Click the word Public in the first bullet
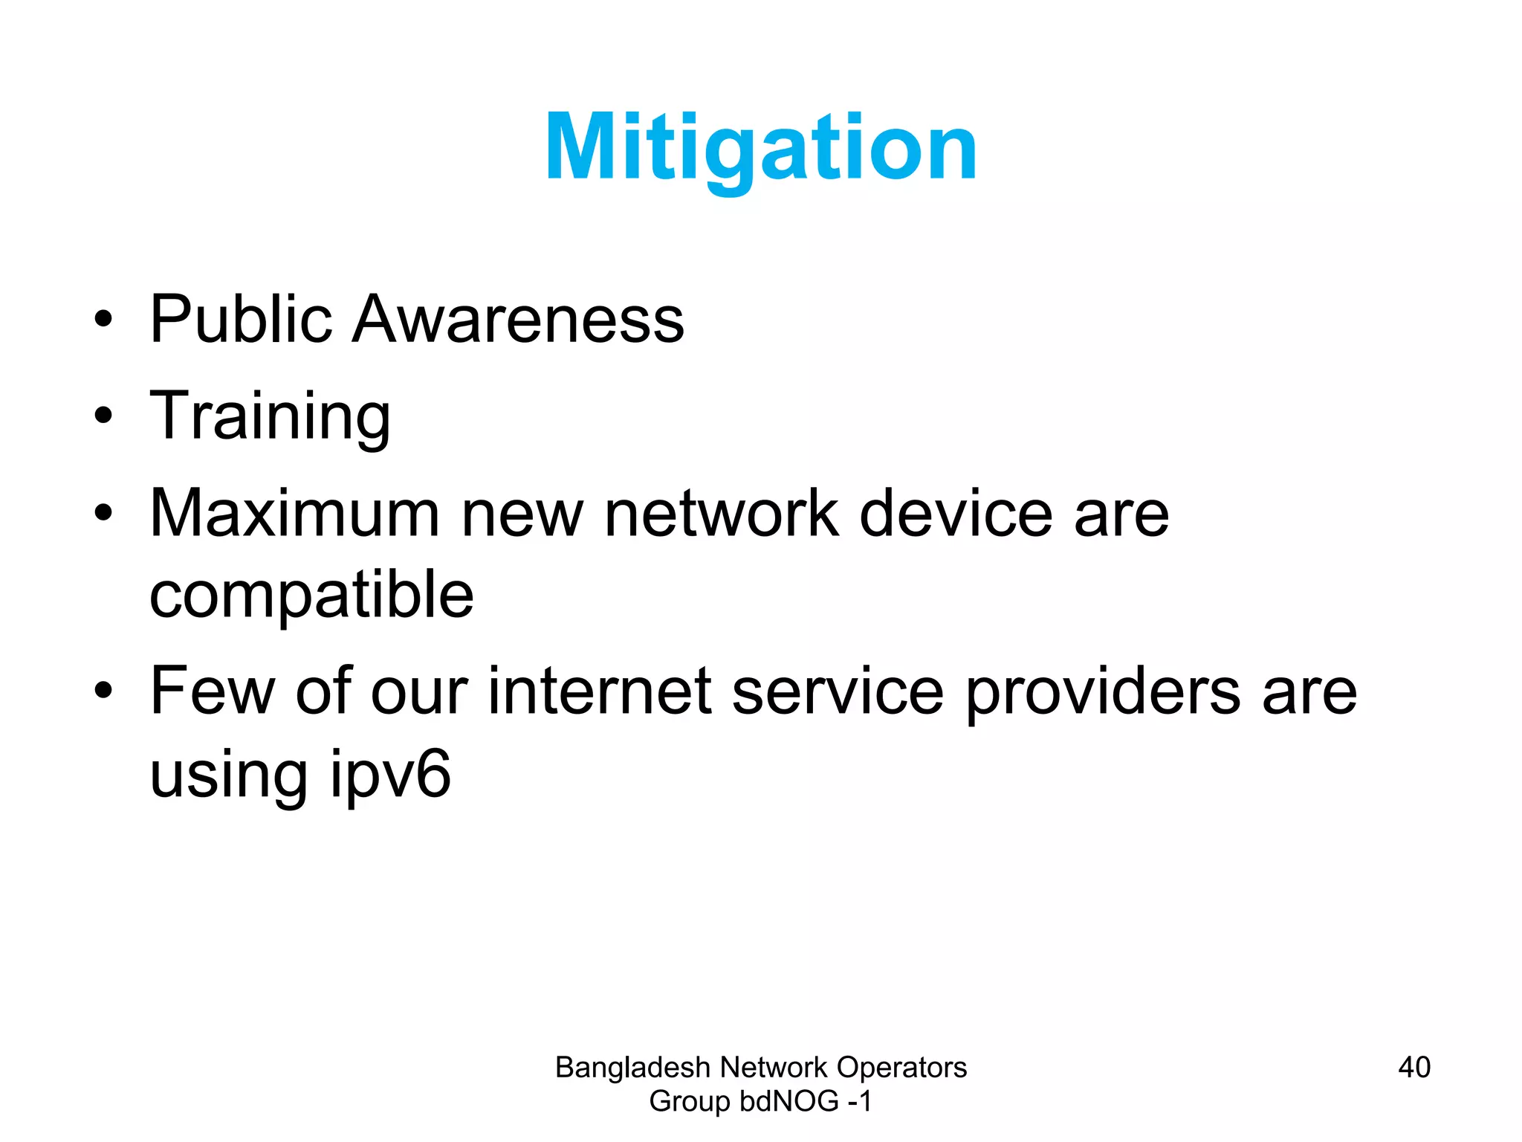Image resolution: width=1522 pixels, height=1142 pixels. [240, 320]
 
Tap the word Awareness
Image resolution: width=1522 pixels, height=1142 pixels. [517, 320]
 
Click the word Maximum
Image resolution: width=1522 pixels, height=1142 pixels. [295, 514]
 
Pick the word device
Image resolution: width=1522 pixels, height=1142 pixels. [956, 514]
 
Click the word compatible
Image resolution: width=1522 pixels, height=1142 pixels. [311, 596]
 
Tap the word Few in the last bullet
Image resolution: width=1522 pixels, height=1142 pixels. [213, 691]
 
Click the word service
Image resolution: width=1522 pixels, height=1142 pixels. [838, 691]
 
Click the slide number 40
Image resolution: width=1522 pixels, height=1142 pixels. [1413, 1067]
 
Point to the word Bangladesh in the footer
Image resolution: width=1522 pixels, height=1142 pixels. [632, 1068]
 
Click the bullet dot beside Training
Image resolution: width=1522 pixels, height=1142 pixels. [103, 416]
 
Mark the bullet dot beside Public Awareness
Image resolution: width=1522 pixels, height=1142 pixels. [103, 320]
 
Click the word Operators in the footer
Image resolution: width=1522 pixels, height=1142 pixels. [901, 1068]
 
